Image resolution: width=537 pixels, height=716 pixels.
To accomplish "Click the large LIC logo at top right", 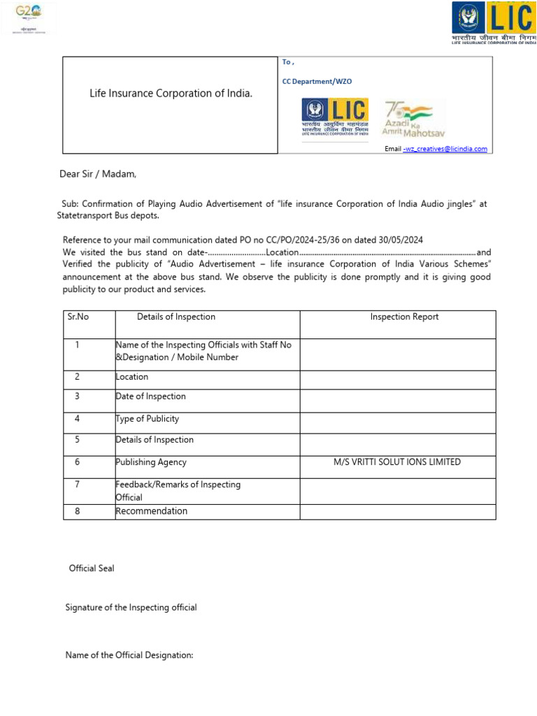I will [494, 23].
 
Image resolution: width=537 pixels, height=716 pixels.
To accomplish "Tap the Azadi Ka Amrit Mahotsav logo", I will [413, 119].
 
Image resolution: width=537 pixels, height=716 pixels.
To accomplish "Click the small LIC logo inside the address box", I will [334, 119].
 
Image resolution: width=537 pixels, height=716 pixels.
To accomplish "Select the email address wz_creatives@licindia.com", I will [446, 148].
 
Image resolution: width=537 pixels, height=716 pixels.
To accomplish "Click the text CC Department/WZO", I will [317, 81].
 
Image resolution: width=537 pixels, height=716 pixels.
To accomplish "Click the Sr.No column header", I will [78, 317].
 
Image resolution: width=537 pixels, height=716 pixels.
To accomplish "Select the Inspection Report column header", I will [404, 317].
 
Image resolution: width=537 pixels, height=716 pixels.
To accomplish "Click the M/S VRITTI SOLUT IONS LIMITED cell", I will [397, 462].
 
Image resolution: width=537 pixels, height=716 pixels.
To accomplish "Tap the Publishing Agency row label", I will [151, 462].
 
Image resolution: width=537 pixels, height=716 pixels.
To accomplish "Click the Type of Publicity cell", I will [148, 419].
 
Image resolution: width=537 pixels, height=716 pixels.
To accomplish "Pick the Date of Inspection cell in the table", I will [151, 396].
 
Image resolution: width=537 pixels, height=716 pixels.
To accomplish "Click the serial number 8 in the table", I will [78, 511].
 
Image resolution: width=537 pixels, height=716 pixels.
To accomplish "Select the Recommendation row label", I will [152, 511].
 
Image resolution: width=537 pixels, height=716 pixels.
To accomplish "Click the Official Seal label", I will [92, 568].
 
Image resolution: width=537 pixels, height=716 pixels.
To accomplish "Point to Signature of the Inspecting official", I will [131, 608].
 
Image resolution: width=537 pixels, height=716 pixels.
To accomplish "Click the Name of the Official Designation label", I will [129, 655].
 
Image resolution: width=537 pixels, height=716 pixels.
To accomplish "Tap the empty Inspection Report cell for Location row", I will [397, 377].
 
